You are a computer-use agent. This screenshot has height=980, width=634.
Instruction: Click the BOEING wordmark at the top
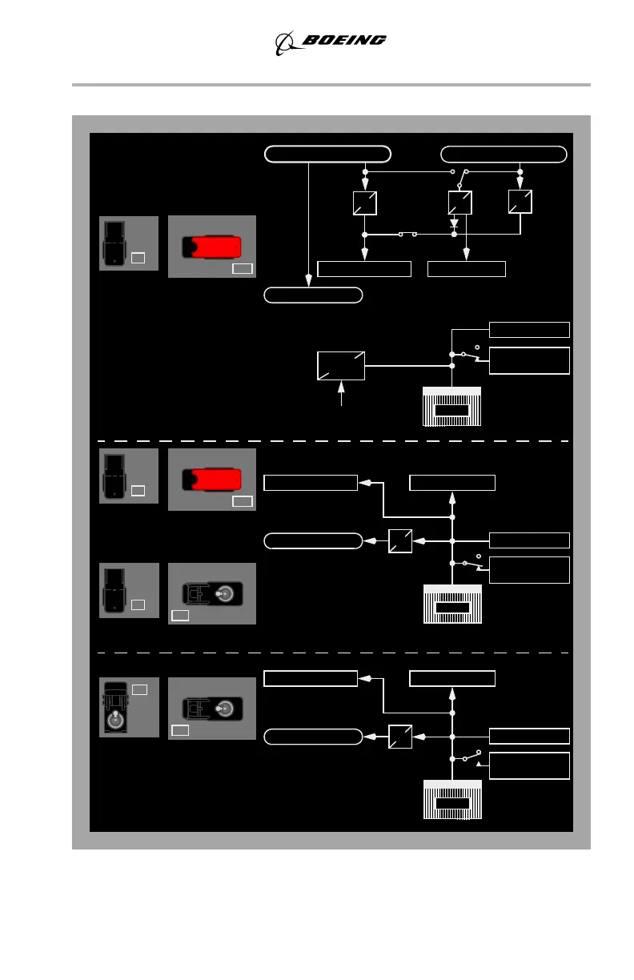point(344,40)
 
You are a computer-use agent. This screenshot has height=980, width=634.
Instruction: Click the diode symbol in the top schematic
point(454,224)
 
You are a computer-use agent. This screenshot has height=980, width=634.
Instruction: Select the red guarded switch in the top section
point(212,247)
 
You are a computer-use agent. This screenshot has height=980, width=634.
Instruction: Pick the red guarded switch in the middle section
point(212,480)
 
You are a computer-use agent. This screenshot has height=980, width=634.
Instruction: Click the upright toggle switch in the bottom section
point(117,707)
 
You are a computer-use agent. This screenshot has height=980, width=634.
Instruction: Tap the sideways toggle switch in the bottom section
point(211,709)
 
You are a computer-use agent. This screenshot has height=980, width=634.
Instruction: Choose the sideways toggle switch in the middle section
point(211,593)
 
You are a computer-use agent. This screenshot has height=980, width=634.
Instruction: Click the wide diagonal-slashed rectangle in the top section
point(341,365)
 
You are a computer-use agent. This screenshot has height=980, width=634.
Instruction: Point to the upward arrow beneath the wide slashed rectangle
point(343,395)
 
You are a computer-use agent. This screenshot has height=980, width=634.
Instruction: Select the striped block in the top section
point(451,406)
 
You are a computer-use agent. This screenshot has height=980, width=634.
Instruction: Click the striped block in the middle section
point(451,604)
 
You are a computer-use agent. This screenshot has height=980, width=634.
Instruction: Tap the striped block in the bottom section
point(451,798)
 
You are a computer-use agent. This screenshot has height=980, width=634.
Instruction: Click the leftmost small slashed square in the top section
point(364,203)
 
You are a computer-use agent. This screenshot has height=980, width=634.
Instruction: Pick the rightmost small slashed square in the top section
point(520,203)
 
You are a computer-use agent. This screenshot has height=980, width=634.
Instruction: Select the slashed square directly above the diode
point(460,203)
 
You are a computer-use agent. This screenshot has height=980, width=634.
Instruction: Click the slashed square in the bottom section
point(400,737)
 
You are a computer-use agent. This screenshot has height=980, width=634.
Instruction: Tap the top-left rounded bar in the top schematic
point(327,154)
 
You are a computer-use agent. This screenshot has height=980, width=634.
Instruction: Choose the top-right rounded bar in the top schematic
point(504,154)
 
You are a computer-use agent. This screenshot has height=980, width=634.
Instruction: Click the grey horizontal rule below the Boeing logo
point(331,84)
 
